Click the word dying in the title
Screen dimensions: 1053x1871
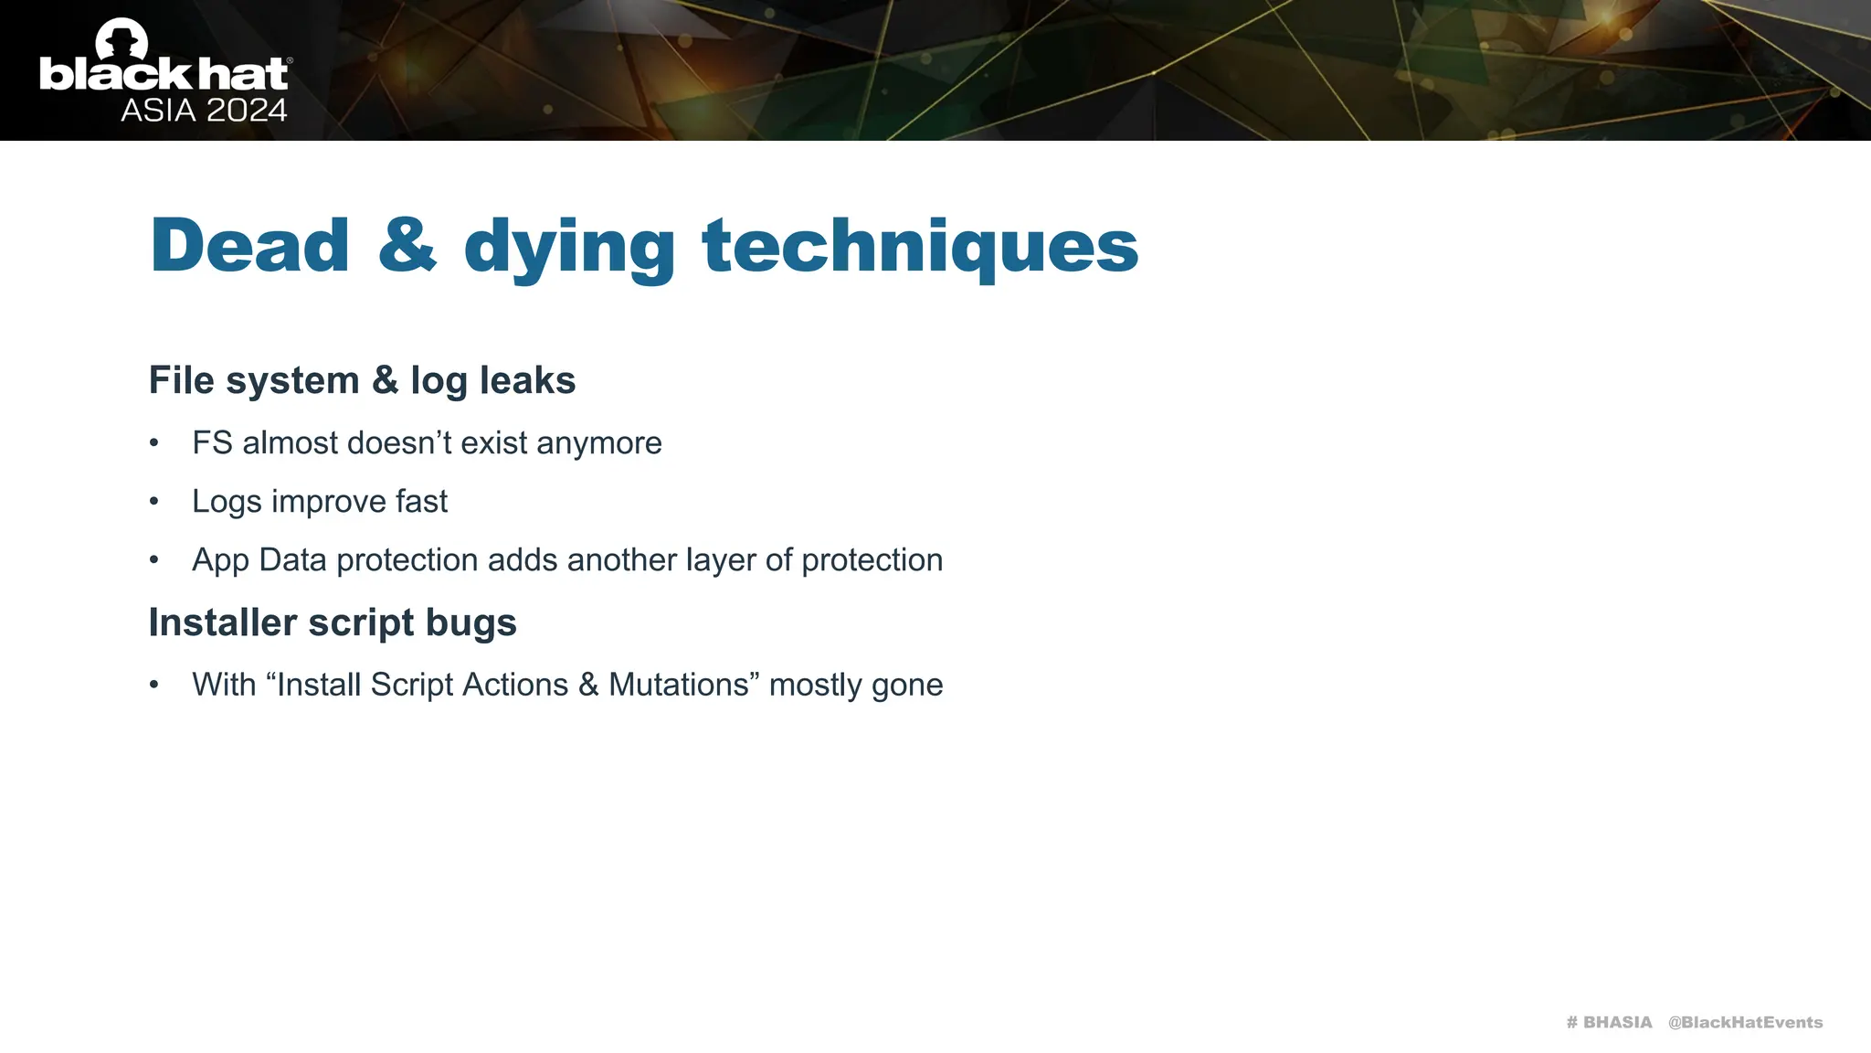click(569, 249)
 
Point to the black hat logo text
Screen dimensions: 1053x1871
click(164, 75)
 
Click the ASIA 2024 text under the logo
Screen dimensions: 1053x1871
click(204, 111)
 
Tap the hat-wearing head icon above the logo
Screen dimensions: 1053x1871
click(122, 38)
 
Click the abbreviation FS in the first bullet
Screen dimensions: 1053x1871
click(212, 443)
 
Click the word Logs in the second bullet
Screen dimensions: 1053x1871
click(227, 502)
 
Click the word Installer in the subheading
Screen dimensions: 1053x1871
click(223, 622)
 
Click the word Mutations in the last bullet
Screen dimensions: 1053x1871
click(679, 685)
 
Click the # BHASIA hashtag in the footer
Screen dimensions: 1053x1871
click(1609, 1022)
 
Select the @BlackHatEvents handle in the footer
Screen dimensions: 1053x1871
click(1745, 1022)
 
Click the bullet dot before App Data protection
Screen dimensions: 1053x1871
click(154, 560)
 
